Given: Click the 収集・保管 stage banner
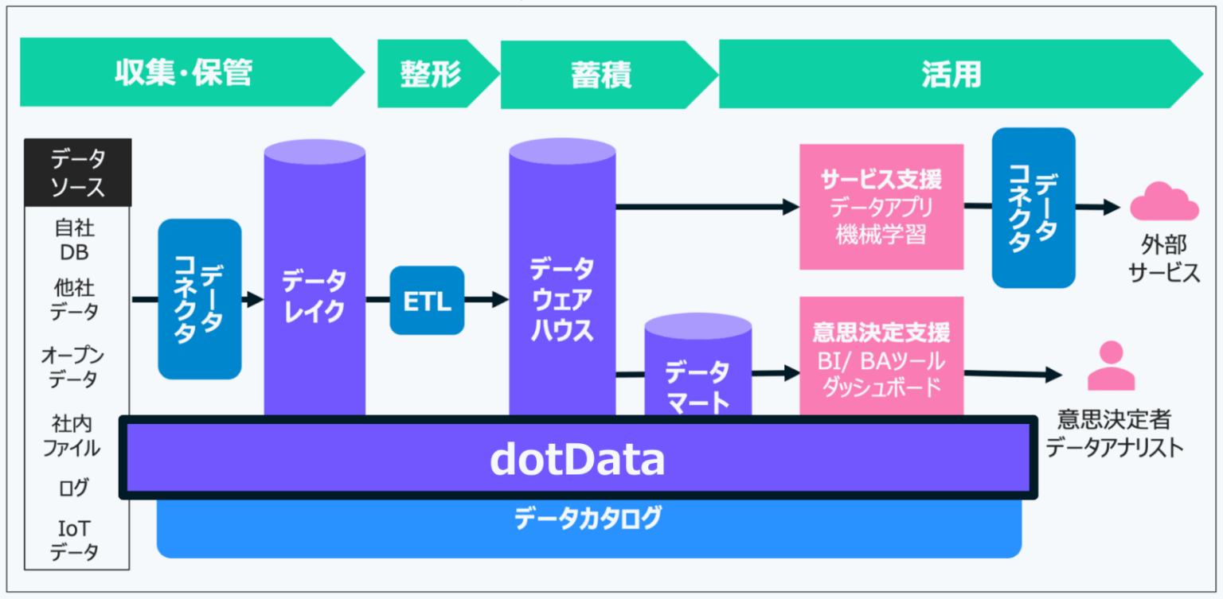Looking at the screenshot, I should tap(183, 73).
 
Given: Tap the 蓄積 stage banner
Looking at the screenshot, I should tap(601, 76).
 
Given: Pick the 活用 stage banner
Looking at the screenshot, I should tap(951, 75).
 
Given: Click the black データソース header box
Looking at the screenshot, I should tap(78, 173).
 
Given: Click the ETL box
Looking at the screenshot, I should tap(427, 301).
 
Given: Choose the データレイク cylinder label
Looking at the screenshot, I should tap(315, 296).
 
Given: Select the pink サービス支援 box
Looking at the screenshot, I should tap(881, 206).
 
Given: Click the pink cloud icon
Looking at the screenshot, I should tap(1164, 201).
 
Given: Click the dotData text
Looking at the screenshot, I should tap(576, 460).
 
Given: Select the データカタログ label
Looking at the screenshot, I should tap(588, 519).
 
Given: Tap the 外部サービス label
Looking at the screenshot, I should tap(1164, 259).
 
